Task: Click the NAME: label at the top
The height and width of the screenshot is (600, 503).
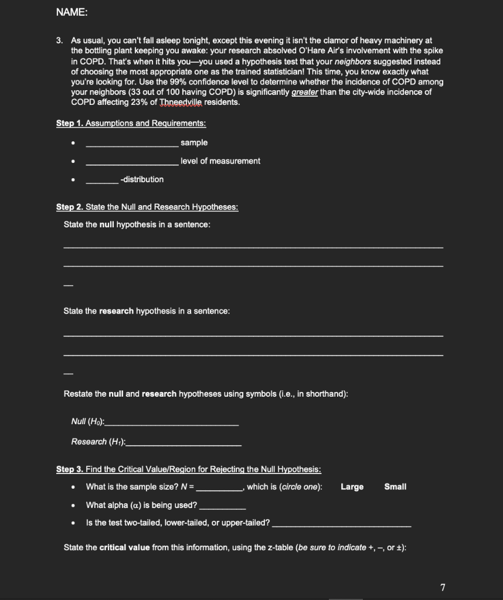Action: [x=68, y=12]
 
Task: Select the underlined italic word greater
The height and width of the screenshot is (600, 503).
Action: [x=305, y=93]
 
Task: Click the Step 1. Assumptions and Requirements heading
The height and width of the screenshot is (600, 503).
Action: [x=131, y=124]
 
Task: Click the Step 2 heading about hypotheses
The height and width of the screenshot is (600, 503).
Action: [x=147, y=207]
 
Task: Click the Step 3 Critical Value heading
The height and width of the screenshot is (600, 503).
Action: [x=188, y=469]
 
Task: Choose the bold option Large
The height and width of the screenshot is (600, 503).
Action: [x=352, y=487]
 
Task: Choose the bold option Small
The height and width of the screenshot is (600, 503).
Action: [x=395, y=487]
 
